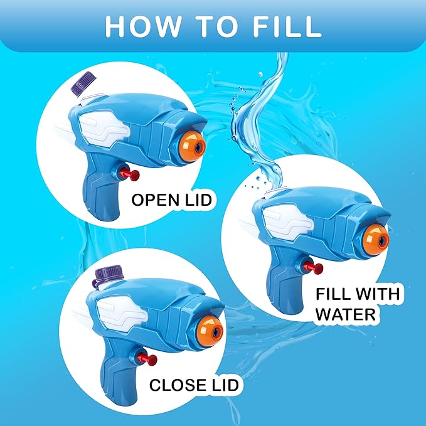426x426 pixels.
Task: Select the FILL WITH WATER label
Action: (358, 303)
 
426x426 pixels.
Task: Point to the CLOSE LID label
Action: (194, 385)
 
